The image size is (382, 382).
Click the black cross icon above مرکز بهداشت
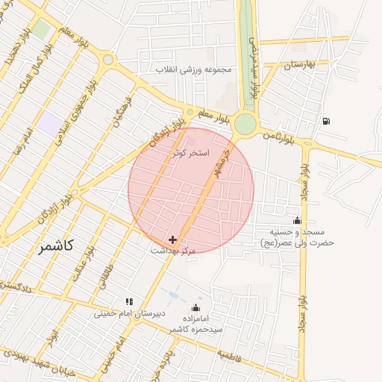pos(173,239)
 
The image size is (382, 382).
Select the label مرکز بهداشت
pos(173,251)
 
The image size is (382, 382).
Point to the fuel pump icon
pos(326,121)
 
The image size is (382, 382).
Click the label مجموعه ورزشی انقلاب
pos(194,69)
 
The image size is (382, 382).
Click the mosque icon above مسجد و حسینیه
pos(298,220)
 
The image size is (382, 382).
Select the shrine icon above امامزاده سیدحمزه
pos(196,307)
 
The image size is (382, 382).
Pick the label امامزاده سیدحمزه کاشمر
pos(195,323)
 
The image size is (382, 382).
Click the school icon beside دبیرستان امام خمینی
pos(130,301)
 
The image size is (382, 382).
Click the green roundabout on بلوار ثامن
pos(245,124)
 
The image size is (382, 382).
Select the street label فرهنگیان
pos(122,110)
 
